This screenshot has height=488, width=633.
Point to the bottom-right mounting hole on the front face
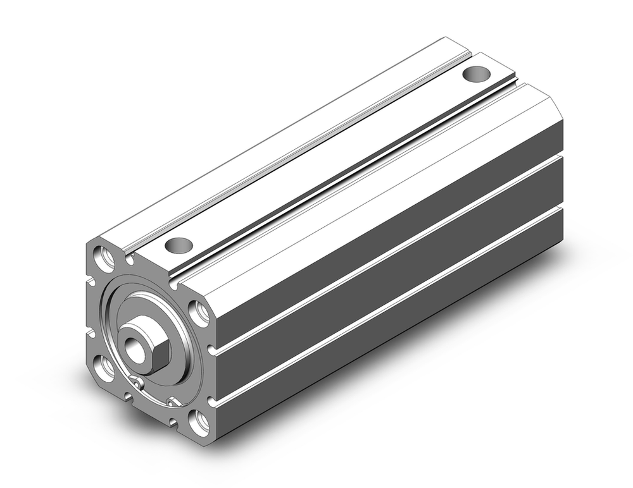pos(201,422)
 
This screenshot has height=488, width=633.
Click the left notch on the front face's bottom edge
pos(128,397)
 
